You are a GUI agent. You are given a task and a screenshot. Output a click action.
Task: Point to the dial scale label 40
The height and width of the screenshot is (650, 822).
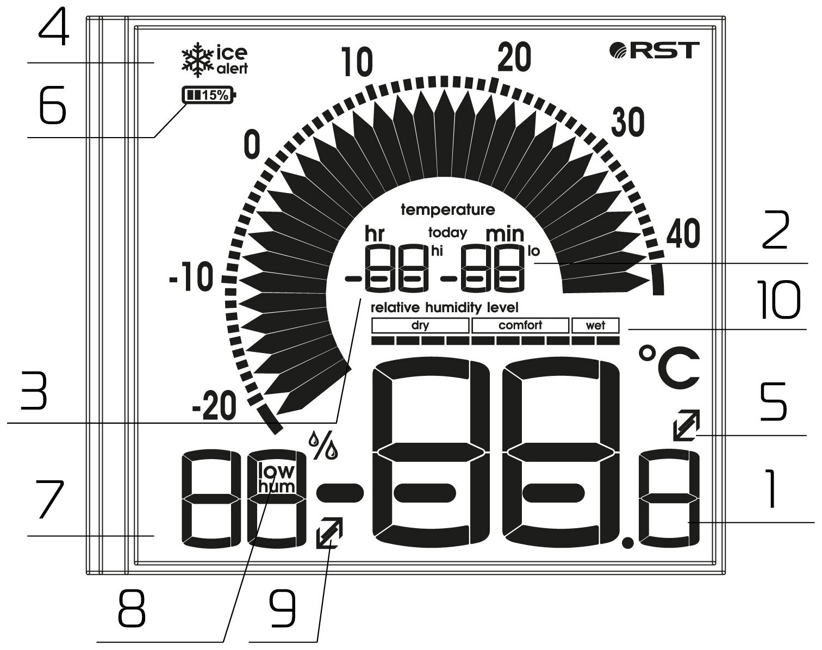[683, 234]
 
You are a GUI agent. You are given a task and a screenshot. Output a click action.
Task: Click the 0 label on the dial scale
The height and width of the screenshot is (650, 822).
[252, 145]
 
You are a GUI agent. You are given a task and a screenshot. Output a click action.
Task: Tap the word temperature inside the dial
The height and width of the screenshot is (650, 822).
[447, 210]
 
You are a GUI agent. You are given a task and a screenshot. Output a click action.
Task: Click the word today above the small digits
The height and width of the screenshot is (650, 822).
[447, 233]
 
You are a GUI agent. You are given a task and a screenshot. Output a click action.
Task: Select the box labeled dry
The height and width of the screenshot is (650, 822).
[420, 326]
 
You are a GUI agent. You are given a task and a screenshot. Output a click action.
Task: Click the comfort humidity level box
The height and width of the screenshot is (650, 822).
[520, 326]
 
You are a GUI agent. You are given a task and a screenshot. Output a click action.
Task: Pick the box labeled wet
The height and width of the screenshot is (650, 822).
[595, 326]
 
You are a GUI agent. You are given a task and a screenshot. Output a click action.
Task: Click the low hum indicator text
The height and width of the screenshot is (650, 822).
[276, 478]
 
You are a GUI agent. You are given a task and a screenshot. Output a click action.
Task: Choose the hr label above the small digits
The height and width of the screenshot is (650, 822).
[375, 234]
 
